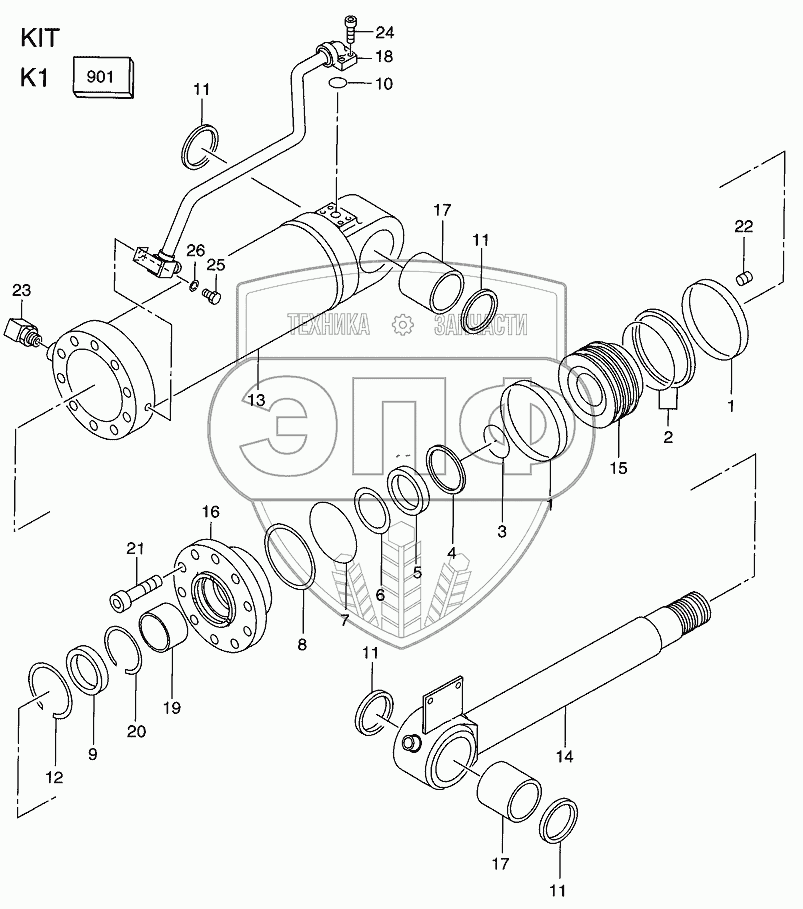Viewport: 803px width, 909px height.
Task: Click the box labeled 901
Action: (x=103, y=77)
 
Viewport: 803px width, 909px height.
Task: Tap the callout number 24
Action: (x=384, y=31)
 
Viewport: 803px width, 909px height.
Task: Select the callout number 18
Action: (x=384, y=58)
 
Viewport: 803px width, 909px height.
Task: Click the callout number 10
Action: (x=384, y=84)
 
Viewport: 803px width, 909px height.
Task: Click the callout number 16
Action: (x=210, y=512)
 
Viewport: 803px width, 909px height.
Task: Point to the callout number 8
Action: (x=302, y=645)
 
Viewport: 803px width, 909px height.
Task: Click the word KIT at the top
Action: (x=39, y=39)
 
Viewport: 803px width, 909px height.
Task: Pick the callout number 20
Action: (x=135, y=731)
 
